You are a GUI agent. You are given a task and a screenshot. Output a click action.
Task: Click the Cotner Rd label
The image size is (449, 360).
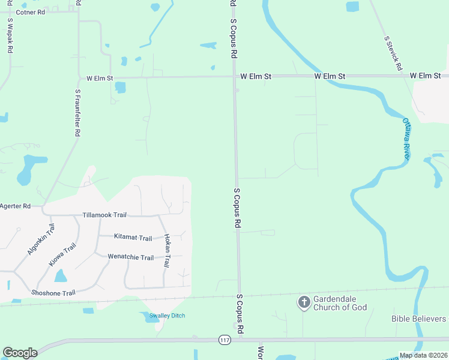pos(30,12)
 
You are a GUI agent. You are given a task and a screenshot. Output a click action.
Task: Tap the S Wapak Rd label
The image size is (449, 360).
pos(10,36)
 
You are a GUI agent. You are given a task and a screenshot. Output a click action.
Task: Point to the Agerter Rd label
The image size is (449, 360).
pos(15,206)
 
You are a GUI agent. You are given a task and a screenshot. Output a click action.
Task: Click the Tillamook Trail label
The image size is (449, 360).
pos(104,215)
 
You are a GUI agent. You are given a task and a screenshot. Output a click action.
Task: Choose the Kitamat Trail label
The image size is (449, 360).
pos(133,238)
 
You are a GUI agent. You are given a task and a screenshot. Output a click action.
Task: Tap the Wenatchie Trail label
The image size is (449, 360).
pos(130,257)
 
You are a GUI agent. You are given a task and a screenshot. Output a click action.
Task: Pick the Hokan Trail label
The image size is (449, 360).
pos(167,250)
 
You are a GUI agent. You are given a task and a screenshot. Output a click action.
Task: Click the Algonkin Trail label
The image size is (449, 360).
pos(40,239)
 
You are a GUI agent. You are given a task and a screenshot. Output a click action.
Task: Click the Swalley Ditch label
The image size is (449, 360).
pos(167,316)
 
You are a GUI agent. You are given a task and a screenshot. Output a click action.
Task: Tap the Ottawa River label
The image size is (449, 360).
pos(407,139)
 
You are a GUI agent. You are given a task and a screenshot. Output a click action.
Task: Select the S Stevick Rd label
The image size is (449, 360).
pos(393,53)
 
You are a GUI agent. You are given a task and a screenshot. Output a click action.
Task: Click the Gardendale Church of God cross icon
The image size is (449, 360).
pos(304,302)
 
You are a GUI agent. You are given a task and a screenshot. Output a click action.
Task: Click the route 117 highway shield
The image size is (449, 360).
pos(224,340)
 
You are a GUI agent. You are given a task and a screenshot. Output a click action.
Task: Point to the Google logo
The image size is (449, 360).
pos(20,353)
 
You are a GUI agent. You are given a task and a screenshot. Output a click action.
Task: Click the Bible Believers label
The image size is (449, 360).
pos(419,319)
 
